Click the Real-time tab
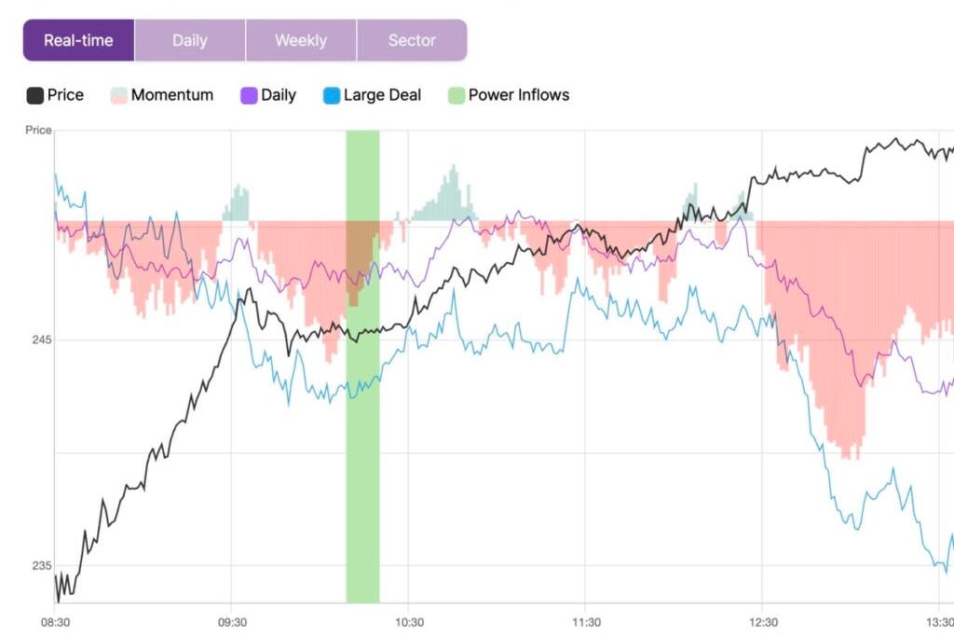(78, 41)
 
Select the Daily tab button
(190, 41)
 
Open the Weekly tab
(301, 41)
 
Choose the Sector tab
(412, 41)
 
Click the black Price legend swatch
(35, 95)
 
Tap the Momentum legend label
(171, 95)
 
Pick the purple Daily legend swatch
(249, 95)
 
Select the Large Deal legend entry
(382, 95)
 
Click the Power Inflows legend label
(518, 95)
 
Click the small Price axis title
(38, 131)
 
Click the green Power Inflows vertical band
(362, 420)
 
